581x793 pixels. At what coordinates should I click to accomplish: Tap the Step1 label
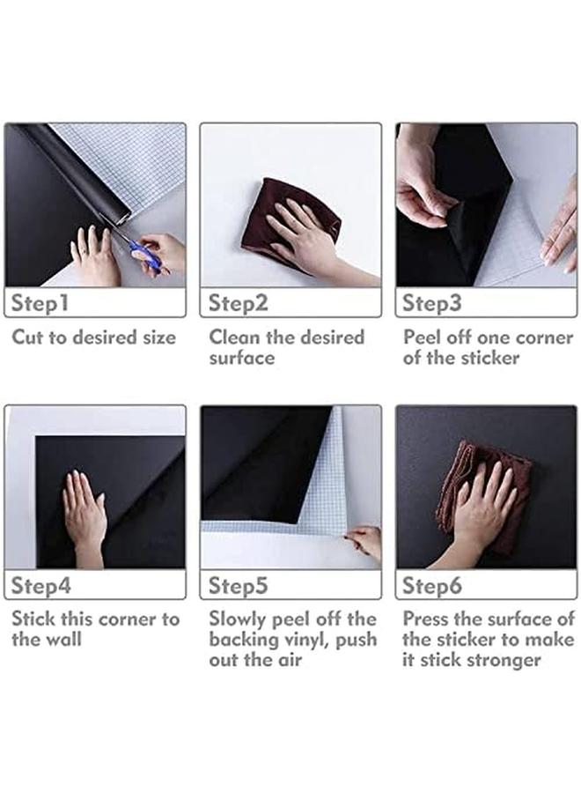(40, 303)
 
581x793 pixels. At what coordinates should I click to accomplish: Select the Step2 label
(238, 303)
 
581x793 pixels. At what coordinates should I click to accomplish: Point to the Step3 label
(432, 303)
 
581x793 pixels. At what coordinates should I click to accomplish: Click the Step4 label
(40, 586)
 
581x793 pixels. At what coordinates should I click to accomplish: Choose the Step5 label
(238, 586)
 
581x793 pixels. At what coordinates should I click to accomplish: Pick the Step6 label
(432, 586)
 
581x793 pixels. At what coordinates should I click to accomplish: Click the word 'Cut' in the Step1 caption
(28, 337)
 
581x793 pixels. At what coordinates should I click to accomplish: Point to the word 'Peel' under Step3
(422, 337)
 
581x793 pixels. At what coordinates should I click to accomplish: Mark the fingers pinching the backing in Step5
(363, 541)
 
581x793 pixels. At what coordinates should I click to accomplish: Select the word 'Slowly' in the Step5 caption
(237, 620)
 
